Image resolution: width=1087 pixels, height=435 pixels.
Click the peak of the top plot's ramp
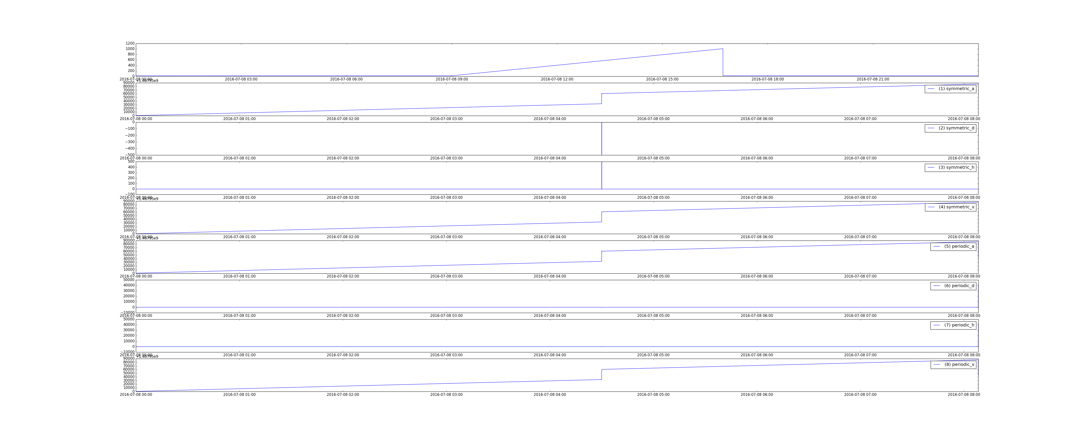[x=722, y=49]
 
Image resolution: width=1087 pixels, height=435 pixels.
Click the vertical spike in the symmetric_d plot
[x=602, y=139]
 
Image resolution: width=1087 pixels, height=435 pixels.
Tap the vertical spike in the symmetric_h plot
[x=602, y=175]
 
